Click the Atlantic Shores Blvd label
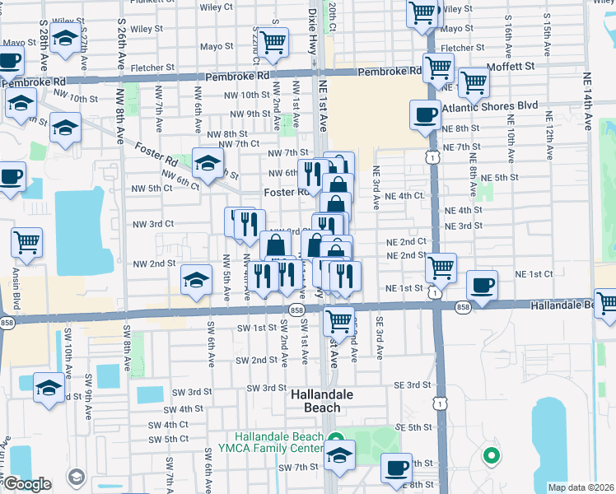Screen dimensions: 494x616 click(489, 106)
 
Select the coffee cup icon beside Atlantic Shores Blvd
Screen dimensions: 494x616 click(425, 115)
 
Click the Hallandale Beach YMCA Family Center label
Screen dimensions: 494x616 click(278, 442)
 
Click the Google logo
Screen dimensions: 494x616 click(27, 484)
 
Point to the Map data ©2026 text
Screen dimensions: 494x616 click(581, 487)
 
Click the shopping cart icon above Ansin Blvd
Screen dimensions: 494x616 click(27, 243)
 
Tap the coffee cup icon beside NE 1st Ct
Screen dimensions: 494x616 click(482, 286)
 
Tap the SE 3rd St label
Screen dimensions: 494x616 click(413, 384)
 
